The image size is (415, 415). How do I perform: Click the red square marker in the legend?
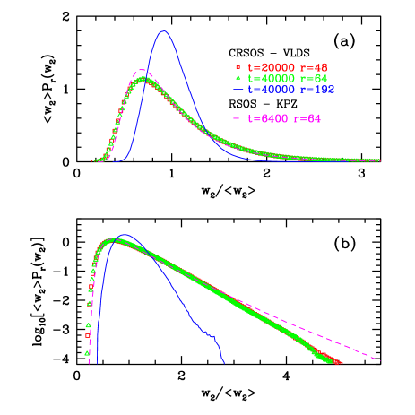[238, 67]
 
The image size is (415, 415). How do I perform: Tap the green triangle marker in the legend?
[238, 79]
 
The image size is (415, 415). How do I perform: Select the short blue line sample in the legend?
[238, 91]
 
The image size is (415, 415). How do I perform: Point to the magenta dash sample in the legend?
[238, 119]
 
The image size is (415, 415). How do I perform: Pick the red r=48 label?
[308, 67]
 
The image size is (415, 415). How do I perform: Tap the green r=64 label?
[308, 79]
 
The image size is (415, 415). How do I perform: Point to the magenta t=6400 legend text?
[264, 119]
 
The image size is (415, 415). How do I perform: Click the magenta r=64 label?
[306, 119]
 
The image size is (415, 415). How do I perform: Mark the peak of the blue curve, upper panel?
[163, 31]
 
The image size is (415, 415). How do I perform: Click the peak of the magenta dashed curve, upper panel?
[142, 70]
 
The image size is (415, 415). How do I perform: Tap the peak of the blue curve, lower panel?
[125, 236]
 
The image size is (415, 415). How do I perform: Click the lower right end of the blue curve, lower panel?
[223, 362]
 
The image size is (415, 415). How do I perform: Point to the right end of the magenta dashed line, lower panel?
[380, 360]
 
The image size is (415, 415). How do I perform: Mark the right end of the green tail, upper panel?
[378, 160]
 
